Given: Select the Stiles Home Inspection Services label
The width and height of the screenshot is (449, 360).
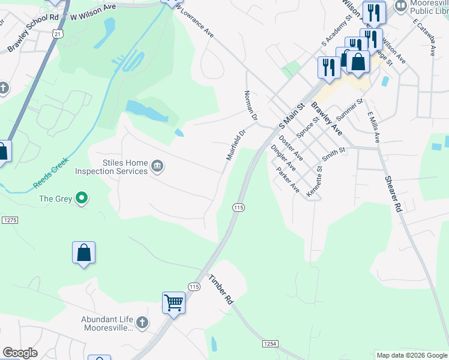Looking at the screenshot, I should (x=111, y=167).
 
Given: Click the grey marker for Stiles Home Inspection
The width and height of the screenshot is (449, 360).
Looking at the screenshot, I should (x=157, y=166).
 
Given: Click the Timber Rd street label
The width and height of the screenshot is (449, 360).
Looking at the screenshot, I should (x=220, y=290).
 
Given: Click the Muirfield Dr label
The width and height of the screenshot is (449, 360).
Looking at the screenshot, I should (x=236, y=145).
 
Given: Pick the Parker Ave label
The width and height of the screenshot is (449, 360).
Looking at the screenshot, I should (x=288, y=179).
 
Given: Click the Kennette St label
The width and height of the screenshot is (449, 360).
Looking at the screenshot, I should (x=315, y=182).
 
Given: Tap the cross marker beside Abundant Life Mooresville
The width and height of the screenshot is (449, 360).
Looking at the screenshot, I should (x=142, y=323).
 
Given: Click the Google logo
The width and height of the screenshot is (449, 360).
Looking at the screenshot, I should (x=20, y=353).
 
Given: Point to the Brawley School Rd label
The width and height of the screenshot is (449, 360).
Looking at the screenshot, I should (x=33, y=34).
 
